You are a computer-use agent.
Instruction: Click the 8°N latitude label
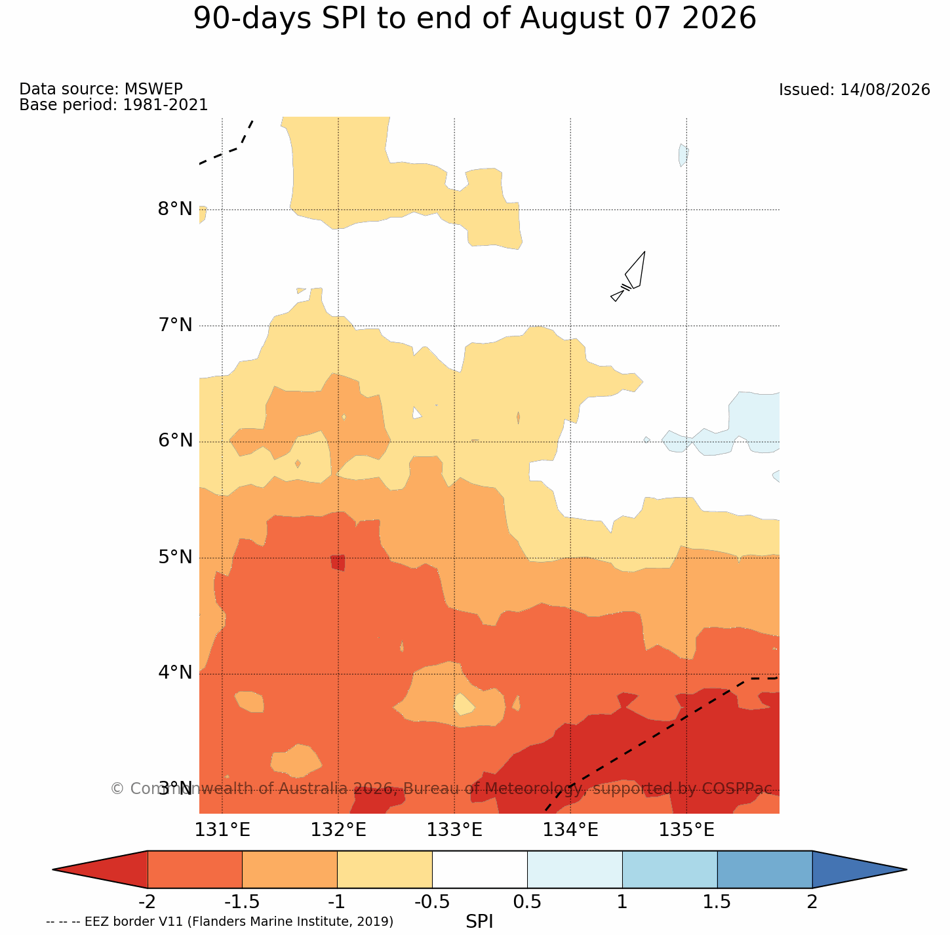(175, 209)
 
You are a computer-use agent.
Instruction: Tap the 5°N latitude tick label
(175, 557)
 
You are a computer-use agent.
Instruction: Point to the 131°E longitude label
(222, 830)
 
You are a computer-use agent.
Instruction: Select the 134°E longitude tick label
(570, 830)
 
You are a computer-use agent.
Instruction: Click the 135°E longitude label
(686, 830)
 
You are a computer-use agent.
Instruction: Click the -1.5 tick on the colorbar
(241, 902)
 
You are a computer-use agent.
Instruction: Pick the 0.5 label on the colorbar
(527, 902)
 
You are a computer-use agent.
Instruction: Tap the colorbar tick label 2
(812, 902)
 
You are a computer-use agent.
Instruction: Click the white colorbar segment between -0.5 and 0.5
(480, 869)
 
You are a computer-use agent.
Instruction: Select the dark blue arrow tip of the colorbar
(905, 869)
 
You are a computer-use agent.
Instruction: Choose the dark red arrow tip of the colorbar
(54, 869)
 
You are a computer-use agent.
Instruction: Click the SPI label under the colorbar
(479, 921)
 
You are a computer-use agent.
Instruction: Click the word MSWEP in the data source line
(153, 89)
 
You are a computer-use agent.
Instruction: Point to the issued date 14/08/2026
(885, 90)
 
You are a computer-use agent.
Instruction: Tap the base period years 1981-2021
(165, 104)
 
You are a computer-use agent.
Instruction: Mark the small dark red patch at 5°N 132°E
(338, 562)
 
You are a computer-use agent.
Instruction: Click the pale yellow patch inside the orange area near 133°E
(464, 704)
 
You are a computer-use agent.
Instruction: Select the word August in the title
(572, 20)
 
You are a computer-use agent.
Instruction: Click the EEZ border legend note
(220, 921)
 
